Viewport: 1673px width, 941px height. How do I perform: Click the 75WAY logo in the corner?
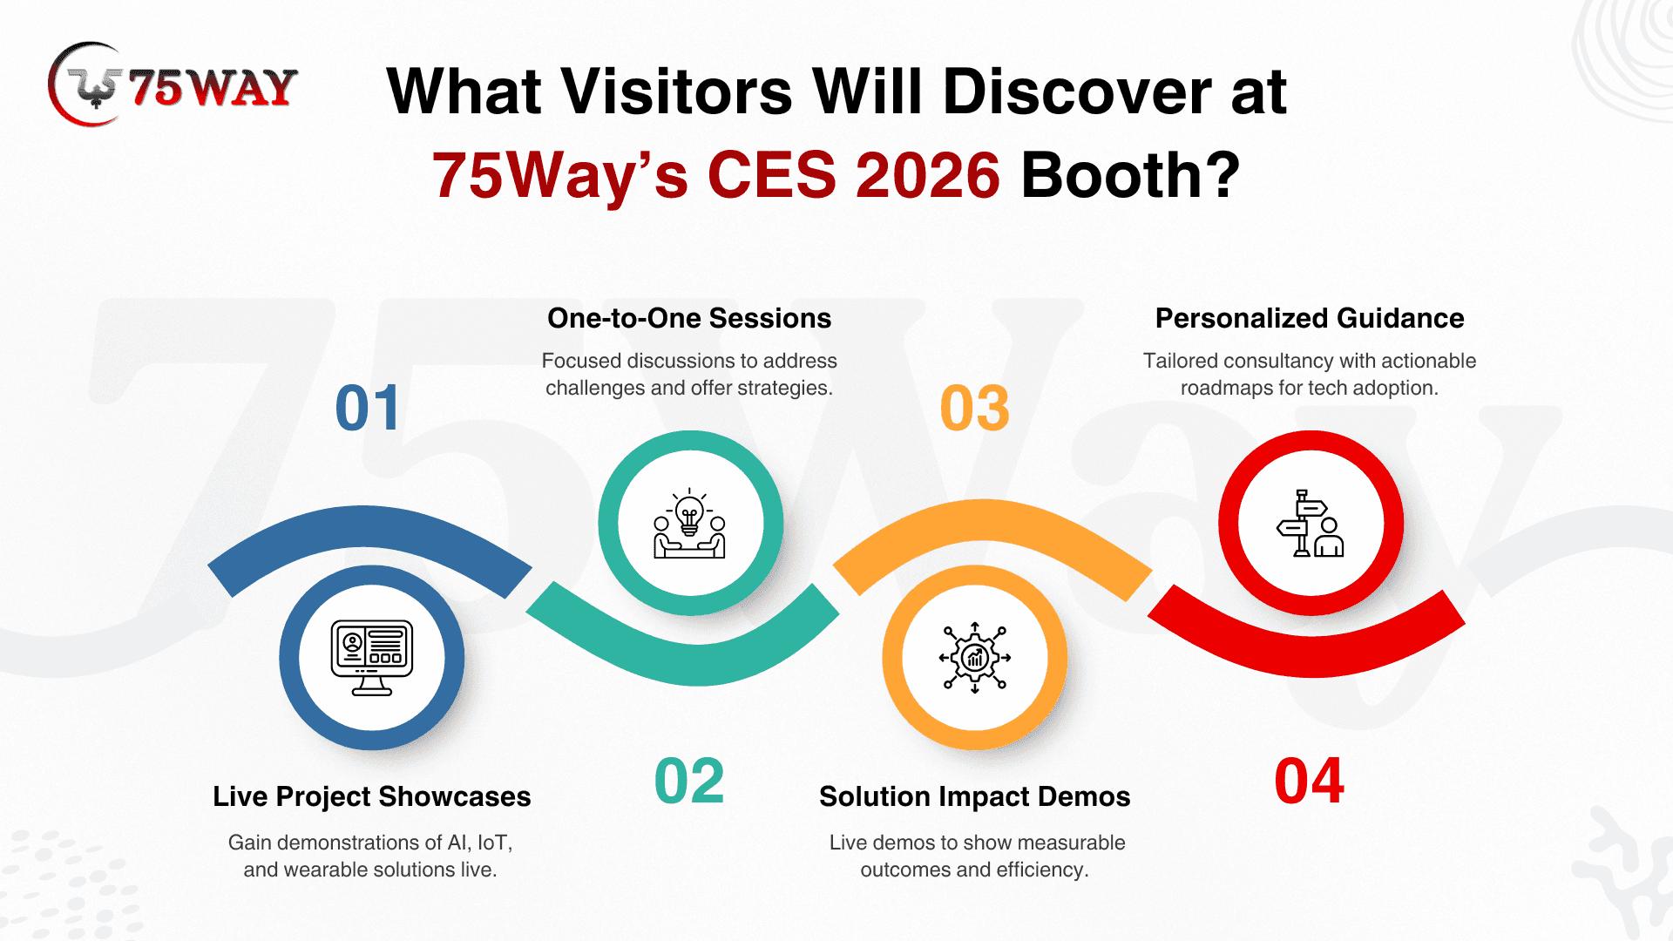(173, 85)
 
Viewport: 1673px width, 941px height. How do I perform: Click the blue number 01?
(368, 408)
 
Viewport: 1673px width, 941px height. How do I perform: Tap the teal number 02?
(689, 781)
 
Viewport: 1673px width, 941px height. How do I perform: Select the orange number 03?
(975, 408)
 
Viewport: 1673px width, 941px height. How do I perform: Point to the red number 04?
(1309, 781)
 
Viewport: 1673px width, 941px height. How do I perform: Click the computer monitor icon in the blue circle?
(372, 657)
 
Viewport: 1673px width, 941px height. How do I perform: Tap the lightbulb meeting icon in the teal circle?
(690, 524)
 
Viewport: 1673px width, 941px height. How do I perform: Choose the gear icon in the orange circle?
(975, 657)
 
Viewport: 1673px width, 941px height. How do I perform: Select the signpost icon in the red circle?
(1311, 524)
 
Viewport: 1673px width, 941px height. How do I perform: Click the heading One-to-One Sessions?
(689, 318)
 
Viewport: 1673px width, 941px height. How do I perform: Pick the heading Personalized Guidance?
(1310, 318)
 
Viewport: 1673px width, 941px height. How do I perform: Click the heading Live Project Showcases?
(372, 796)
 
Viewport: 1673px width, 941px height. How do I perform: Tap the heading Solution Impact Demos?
(975, 796)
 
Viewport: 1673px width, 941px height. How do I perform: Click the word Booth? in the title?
(1130, 175)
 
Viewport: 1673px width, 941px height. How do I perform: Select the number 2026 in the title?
(928, 175)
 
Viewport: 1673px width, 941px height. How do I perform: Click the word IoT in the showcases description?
(492, 843)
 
